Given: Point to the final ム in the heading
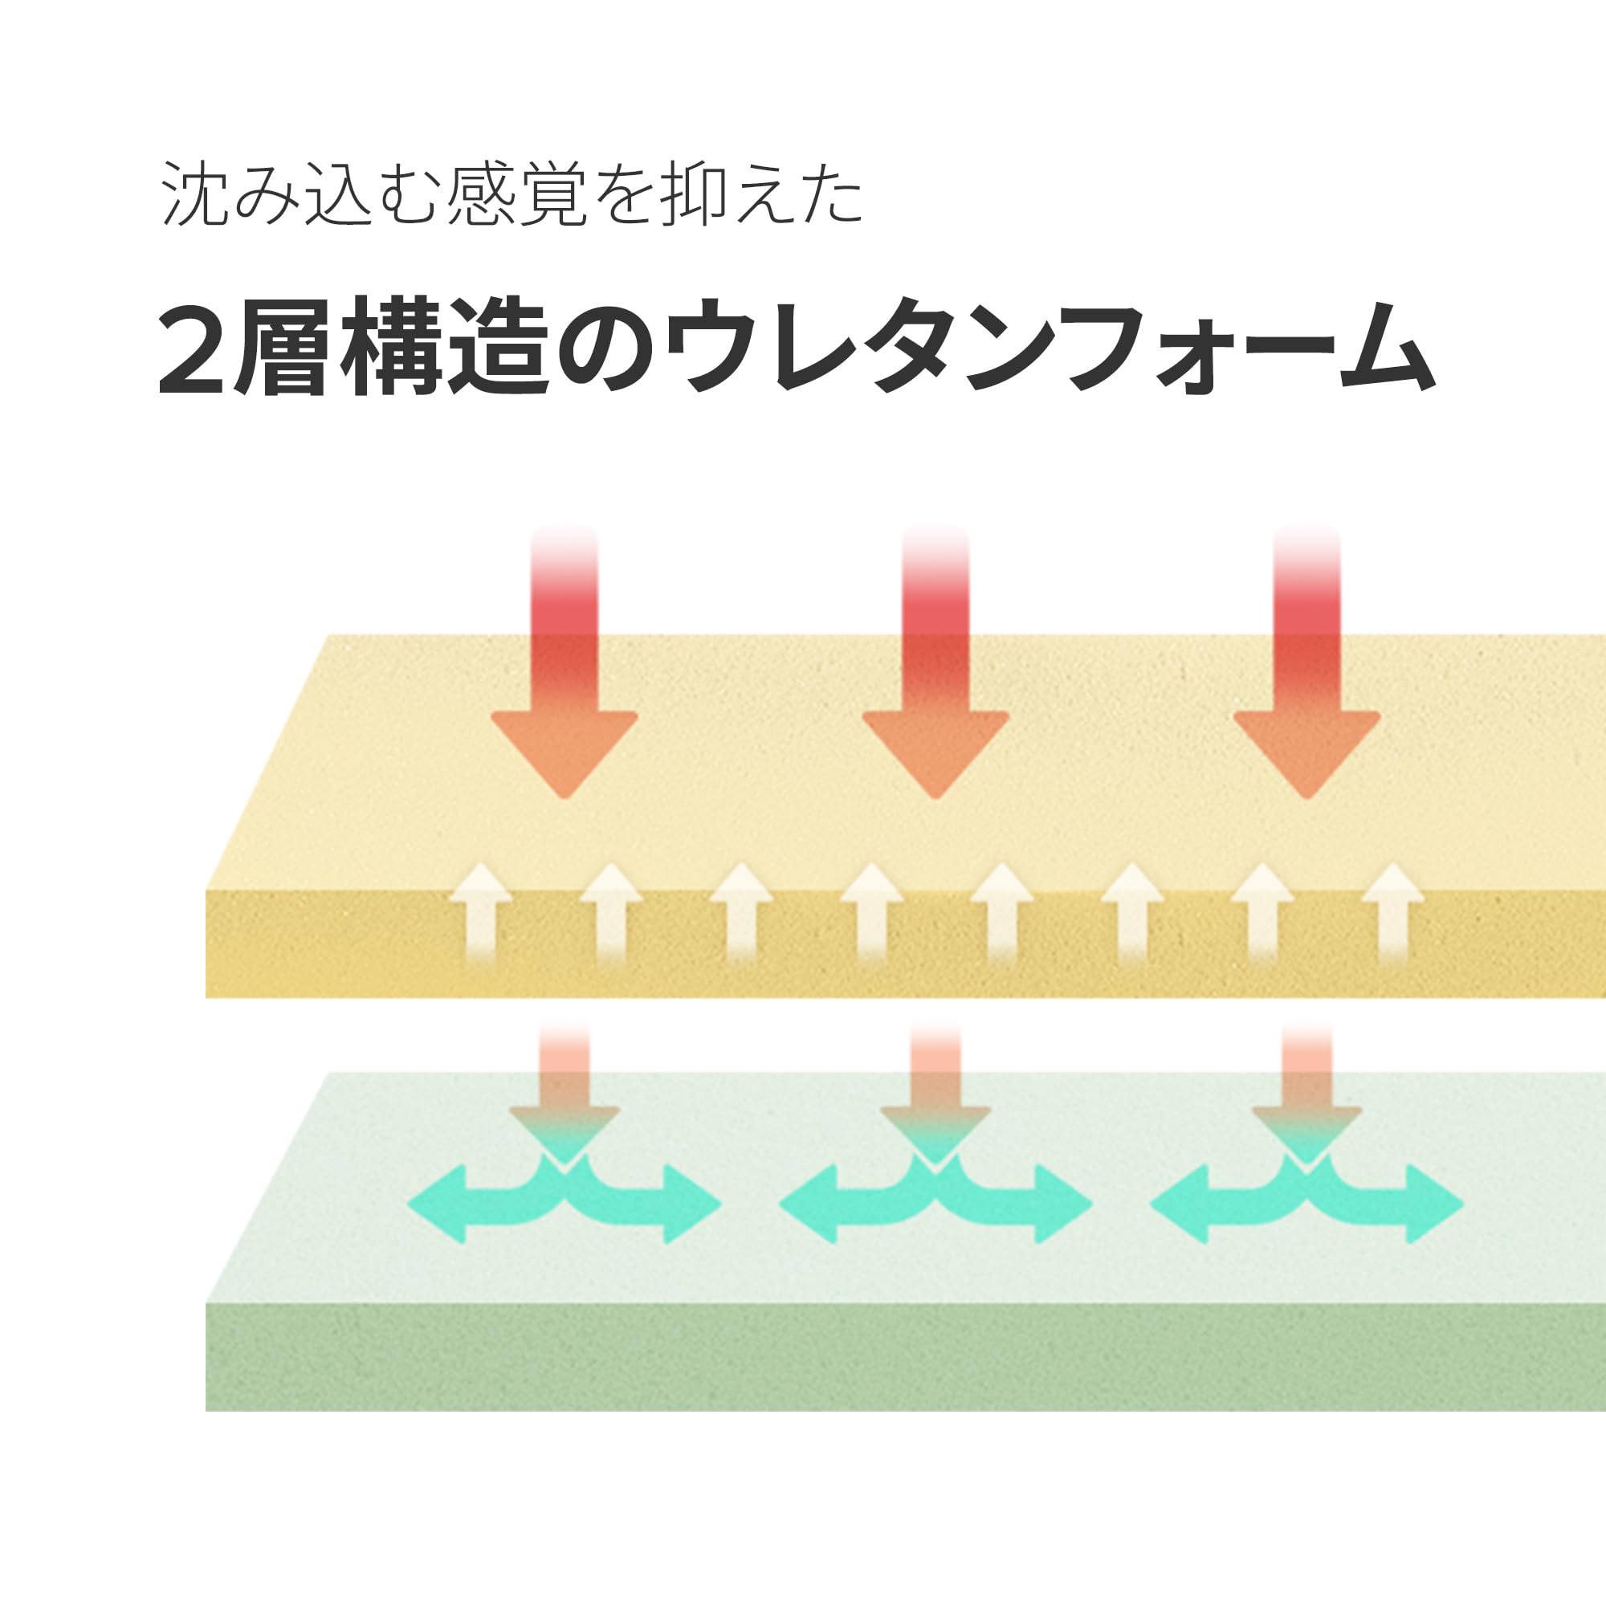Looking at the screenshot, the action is coord(1388,349).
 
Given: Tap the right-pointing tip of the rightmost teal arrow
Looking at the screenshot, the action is coord(1463,1204).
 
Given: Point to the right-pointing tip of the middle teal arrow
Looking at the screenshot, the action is coord(1091,1204).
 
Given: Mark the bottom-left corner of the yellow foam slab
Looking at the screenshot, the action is coord(206,997).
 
